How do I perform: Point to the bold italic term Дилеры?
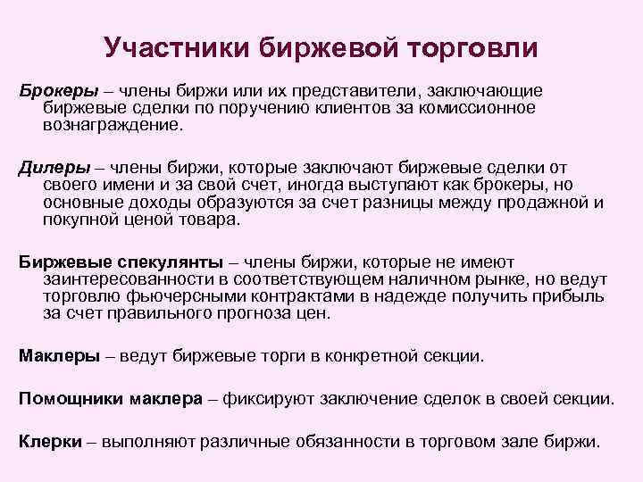coord(51,169)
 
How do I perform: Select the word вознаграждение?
coord(112,125)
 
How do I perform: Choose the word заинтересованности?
coord(121,279)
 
